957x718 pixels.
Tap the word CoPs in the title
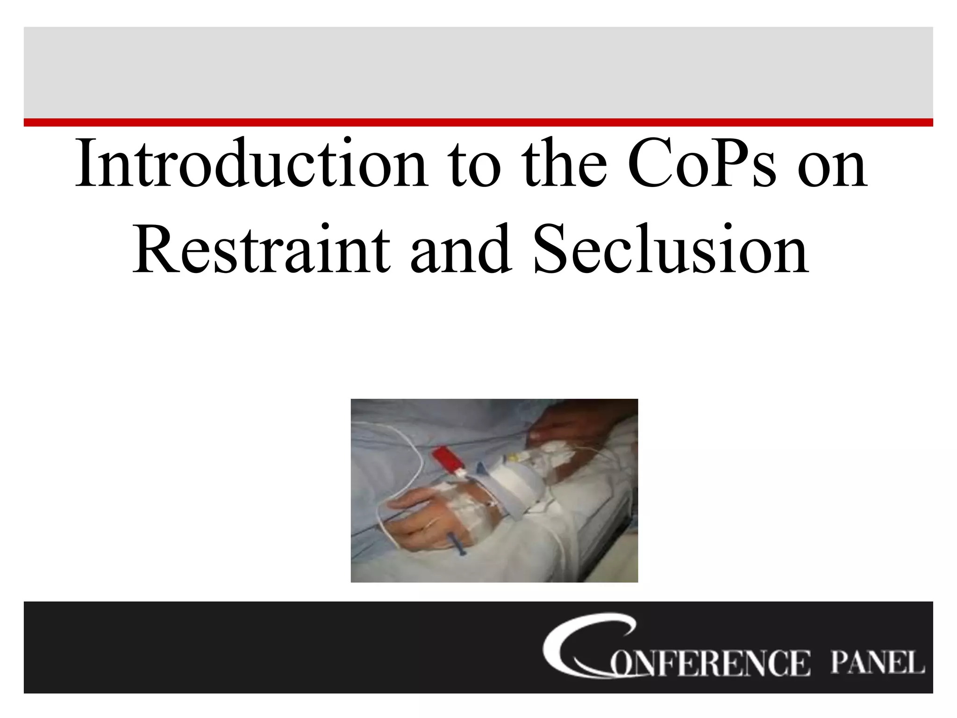pos(701,164)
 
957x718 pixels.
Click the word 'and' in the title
pos(460,250)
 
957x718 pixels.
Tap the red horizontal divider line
pos(478,122)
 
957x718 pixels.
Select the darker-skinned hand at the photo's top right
pos(575,428)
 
